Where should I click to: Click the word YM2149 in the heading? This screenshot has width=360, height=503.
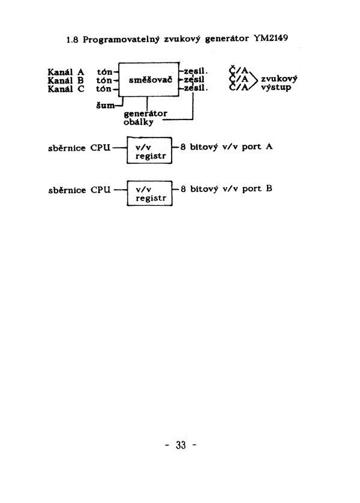click(x=271, y=38)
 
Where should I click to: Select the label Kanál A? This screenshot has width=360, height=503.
click(x=66, y=72)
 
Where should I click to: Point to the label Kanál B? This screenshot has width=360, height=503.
click(x=66, y=80)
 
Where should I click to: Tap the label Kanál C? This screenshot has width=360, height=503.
click(x=66, y=89)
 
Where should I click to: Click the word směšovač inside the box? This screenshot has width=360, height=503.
click(x=151, y=80)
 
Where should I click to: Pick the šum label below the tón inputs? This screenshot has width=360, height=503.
click(x=105, y=105)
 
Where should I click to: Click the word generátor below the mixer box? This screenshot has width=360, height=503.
click(x=145, y=113)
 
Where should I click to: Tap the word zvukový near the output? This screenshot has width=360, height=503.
click(x=279, y=79)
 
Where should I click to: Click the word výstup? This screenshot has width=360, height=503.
click(x=276, y=87)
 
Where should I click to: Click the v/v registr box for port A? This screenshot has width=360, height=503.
click(x=149, y=150)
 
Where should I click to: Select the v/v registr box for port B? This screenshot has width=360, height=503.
click(x=150, y=193)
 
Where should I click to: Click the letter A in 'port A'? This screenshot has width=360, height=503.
click(x=269, y=146)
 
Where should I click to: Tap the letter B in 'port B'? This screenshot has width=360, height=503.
click(x=269, y=188)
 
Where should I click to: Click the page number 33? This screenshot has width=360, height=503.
click(x=181, y=445)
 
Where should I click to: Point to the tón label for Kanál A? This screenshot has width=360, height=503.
click(x=104, y=72)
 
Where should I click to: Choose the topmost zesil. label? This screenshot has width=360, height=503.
click(x=196, y=71)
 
